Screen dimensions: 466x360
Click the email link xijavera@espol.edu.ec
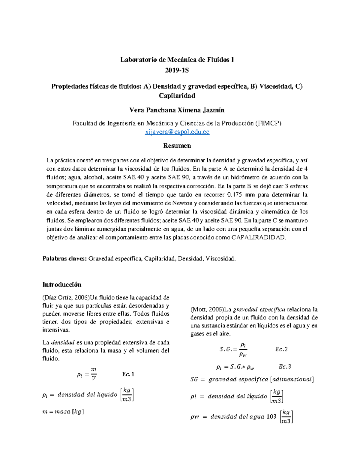pos(177,132)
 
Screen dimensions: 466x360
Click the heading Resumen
pos(177,146)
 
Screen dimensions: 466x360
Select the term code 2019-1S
pos(177,71)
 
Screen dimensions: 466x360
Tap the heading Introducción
pos(62,284)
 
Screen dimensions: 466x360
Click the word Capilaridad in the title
pos(177,96)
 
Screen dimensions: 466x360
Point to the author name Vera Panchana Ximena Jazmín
pos(177,110)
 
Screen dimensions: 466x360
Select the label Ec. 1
pos(128,374)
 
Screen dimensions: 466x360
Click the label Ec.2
pos(281,349)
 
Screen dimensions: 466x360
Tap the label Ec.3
pos(285,367)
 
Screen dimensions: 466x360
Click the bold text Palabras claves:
pos(64,259)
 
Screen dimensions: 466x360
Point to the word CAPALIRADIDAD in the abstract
pos(259,238)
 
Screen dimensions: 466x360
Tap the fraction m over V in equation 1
pos(94,374)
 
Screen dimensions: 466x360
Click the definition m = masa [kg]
pos(63,412)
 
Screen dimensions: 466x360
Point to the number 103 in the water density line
pos(271,416)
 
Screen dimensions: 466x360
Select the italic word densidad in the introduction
pos(63,342)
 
